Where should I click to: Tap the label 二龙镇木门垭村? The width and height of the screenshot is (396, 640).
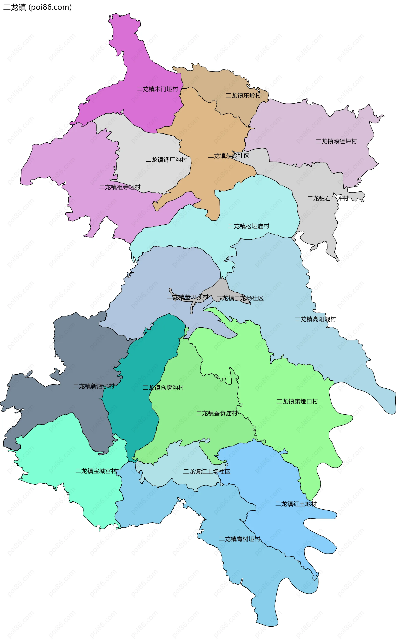pyautogui.click(x=157, y=89)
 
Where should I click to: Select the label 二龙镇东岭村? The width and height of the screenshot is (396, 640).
pyautogui.click(x=243, y=95)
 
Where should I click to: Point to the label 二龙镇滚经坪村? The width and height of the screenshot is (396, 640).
pyautogui.click(x=336, y=142)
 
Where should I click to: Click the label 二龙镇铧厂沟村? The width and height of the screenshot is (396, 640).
pyautogui.click(x=166, y=160)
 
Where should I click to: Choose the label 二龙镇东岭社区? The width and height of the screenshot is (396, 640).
pyautogui.click(x=228, y=156)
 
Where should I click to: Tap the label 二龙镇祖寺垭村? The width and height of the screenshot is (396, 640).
pyautogui.click(x=120, y=187)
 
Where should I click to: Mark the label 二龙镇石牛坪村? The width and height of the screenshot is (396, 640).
pyautogui.click(x=328, y=198)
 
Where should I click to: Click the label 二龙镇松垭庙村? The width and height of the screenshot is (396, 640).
pyautogui.click(x=249, y=226)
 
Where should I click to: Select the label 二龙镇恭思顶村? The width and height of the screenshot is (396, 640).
pyautogui.click(x=188, y=297)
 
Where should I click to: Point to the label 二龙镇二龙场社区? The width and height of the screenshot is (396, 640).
pyautogui.click(x=240, y=298)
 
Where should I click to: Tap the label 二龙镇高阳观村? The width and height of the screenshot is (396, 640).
pyautogui.click(x=315, y=319)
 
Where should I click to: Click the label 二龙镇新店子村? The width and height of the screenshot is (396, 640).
pyautogui.click(x=94, y=386)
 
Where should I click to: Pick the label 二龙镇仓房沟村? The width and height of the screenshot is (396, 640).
pyautogui.click(x=163, y=388)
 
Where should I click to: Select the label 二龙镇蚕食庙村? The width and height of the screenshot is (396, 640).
pyautogui.click(x=217, y=413)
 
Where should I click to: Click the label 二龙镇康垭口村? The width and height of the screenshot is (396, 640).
pyautogui.click(x=297, y=401)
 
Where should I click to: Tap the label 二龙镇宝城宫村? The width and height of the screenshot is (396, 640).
pyautogui.click(x=96, y=471)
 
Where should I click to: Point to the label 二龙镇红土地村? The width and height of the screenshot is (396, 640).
pyautogui.click(x=296, y=504)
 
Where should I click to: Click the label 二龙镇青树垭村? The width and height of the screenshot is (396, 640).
pyautogui.click(x=240, y=539)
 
